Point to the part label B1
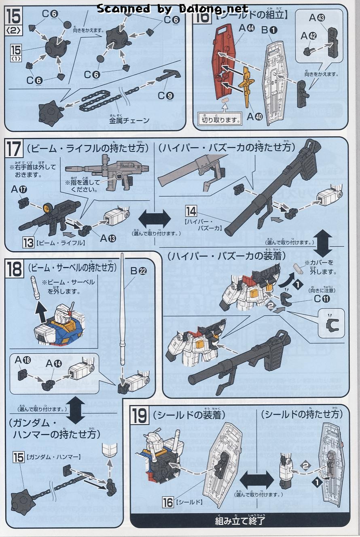point(269,30)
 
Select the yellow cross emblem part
point(248,85)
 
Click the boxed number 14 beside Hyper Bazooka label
point(191,211)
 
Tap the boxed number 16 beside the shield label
point(168,502)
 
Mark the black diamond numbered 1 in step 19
point(317,482)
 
